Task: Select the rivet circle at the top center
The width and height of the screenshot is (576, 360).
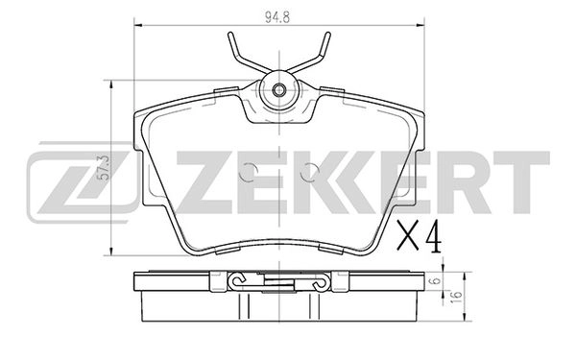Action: click(277, 91)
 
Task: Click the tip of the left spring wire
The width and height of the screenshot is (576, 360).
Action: click(228, 36)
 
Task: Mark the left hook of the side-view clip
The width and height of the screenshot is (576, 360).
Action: click(239, 281)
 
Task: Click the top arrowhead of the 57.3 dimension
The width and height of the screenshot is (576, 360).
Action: click(115, 83)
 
